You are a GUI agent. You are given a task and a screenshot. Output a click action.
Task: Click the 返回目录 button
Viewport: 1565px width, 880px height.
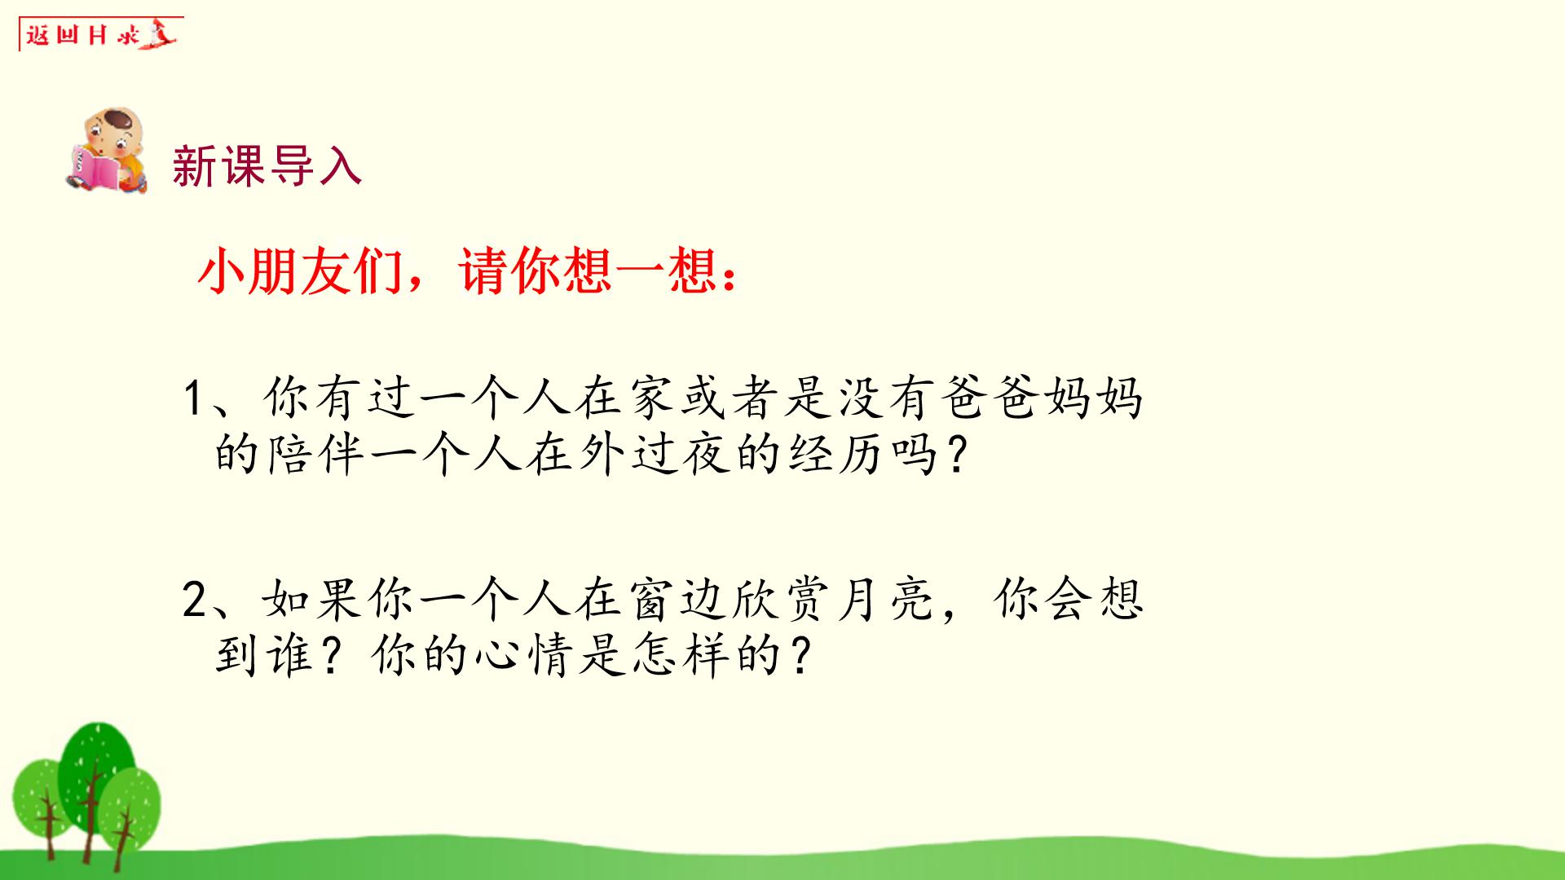pos(99,34)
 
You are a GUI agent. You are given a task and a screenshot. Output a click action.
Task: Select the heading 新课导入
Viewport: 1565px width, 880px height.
pos(267,166)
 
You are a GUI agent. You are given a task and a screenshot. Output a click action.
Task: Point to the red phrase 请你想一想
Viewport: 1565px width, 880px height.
pos(587,271)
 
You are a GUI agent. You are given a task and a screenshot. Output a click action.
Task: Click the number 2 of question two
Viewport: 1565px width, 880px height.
pos(196,601)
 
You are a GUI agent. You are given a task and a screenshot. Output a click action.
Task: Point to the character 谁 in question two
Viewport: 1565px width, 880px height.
pos(290,657)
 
